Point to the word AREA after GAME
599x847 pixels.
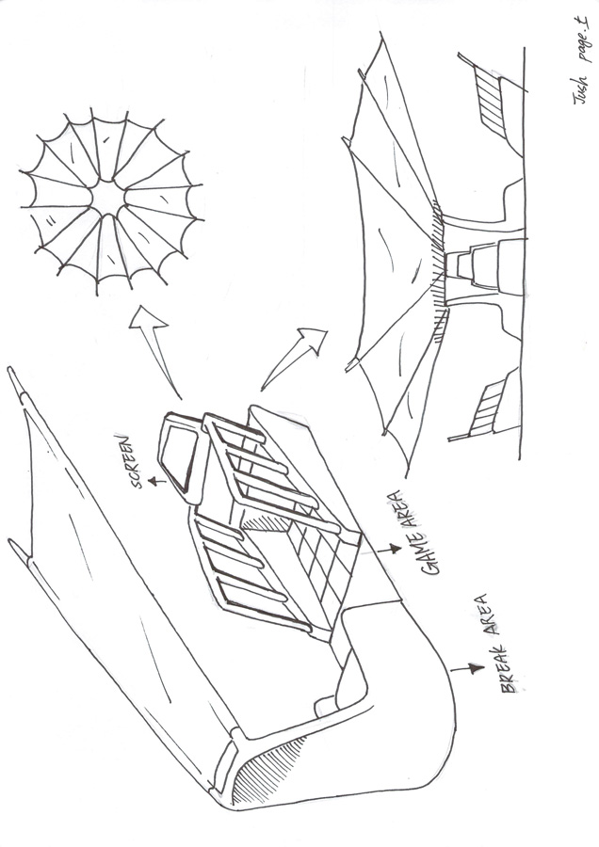(x=406, y=508)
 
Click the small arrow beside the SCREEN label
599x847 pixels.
(x=157, y=481)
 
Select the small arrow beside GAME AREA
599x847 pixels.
(x=389, y=550)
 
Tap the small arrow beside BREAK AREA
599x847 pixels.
(x=467, y=669)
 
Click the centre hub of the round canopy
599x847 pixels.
(x=108, y=199)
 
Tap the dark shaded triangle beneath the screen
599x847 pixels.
(x=265, y=521)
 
